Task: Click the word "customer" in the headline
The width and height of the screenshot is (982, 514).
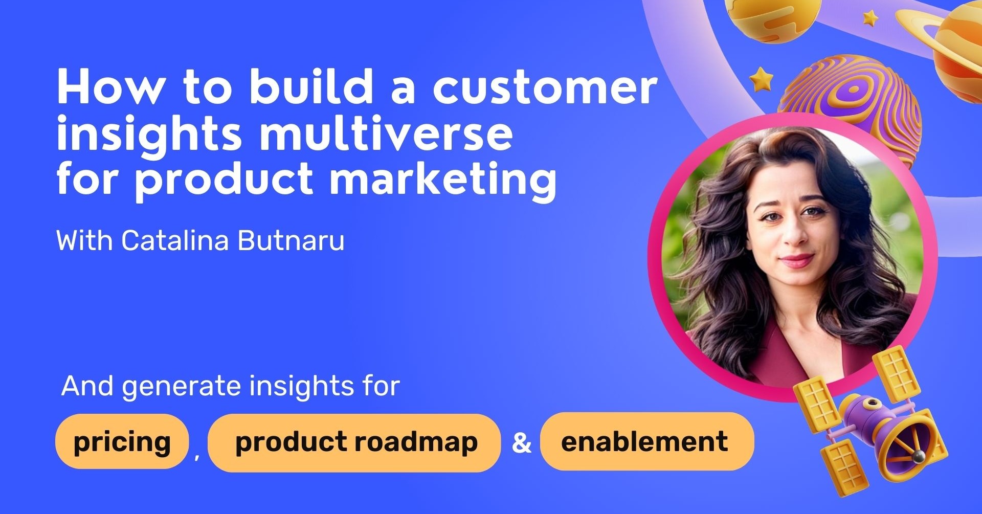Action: pyautogui.click(x=545, y=87)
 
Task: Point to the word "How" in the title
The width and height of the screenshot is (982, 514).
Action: pyautogui.click(x=110, y=87)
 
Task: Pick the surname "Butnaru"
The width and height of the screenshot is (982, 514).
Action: pyautogui.click(x=291, y=240)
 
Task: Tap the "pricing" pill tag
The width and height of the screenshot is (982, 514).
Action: pyautogui.click(x=122, y=442)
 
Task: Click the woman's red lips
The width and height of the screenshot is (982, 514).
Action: pyautogui.click(x=796, y=260)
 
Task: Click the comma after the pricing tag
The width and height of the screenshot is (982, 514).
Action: pyautogui.click(x=197, y=456)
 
